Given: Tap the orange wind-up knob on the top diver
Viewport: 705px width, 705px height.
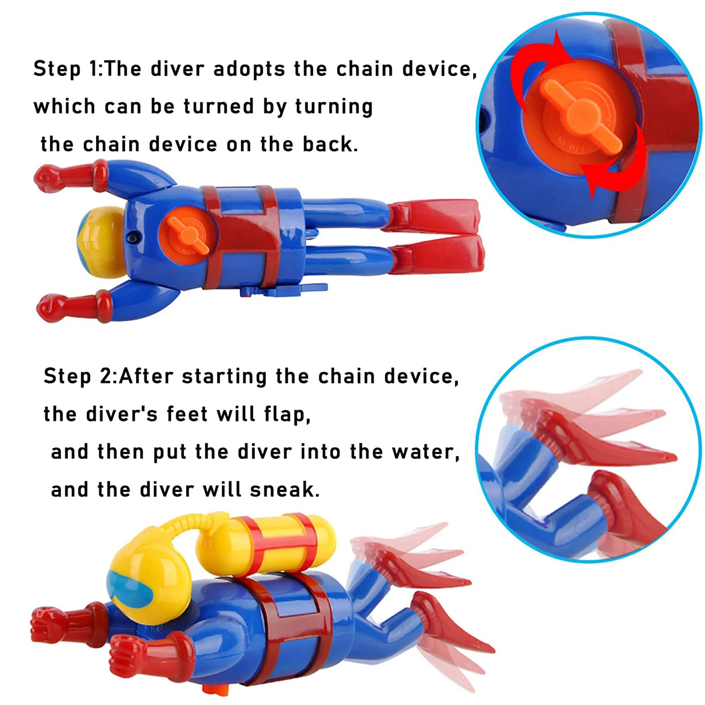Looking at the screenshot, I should click(188, 234).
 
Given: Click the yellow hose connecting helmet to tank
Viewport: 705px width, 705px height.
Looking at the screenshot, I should click(176, 531).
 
